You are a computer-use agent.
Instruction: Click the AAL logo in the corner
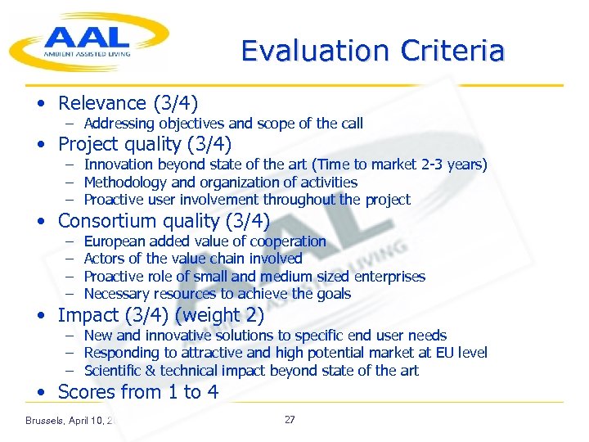[x=88, y=41]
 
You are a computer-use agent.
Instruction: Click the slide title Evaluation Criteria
[x=372, y=51]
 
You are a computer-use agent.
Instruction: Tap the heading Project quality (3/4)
[x=145, y=145]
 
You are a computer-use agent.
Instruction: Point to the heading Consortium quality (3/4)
[x=164, y=221]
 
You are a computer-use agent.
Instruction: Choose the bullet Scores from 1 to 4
[x=137, y=392]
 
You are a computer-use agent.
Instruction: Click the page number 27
[x=290, y=420]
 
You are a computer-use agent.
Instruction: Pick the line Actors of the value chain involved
[x=193, y=259]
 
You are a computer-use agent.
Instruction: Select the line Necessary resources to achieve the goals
[x=218, y=294]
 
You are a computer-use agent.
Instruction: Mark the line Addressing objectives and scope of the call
[x=223, y=124]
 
